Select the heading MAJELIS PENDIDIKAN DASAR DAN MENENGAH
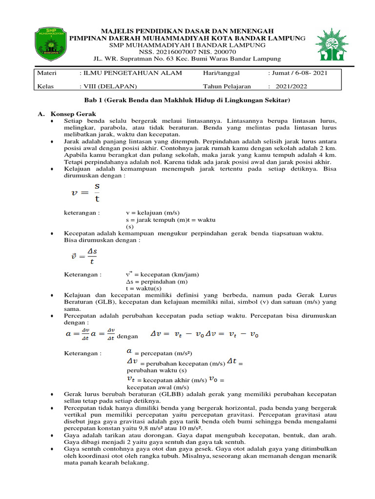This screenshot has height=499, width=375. pyautogui.click(x=187, y=30)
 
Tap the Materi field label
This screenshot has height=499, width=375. pyautogui.click(x=47, y=73)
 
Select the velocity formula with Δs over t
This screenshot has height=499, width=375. pyautogui.click(x=83, y=256)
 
